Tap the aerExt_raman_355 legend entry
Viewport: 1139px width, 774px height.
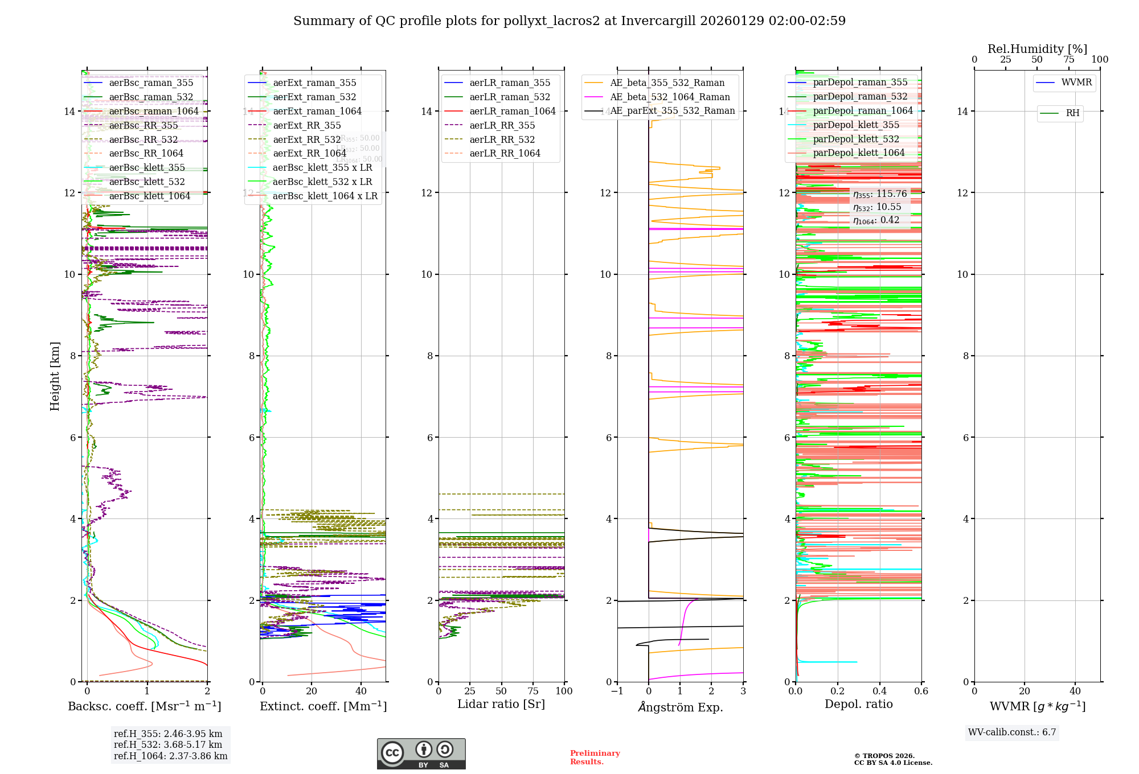click(314, 83)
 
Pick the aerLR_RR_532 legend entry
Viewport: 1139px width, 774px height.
click(502, 139)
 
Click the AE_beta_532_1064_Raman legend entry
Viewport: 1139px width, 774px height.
click(670, 97)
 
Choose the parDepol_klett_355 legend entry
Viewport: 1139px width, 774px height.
click(856, 125)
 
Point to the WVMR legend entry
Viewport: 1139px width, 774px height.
click(1076, 83)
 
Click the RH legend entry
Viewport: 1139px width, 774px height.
click(1072, 113)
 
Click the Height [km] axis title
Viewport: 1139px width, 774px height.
click(55, 376)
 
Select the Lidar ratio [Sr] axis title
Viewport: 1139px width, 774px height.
click(501, 705)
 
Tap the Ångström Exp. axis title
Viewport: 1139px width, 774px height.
click(681, 707)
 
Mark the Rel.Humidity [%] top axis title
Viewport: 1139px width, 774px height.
click(1037, 49)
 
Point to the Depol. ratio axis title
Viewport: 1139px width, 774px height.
click(858, 705)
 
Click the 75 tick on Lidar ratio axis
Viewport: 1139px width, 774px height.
click(533, 691)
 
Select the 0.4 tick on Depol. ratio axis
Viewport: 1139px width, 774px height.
click(879, 691)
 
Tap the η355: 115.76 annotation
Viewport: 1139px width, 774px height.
click(880, 194)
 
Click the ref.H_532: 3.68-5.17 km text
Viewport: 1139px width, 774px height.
click(168, 745)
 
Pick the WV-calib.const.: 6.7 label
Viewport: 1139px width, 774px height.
click(1012, 732)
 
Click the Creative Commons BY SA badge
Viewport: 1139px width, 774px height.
click(421, 754)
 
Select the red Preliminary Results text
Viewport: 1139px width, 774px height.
click(595, 757)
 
